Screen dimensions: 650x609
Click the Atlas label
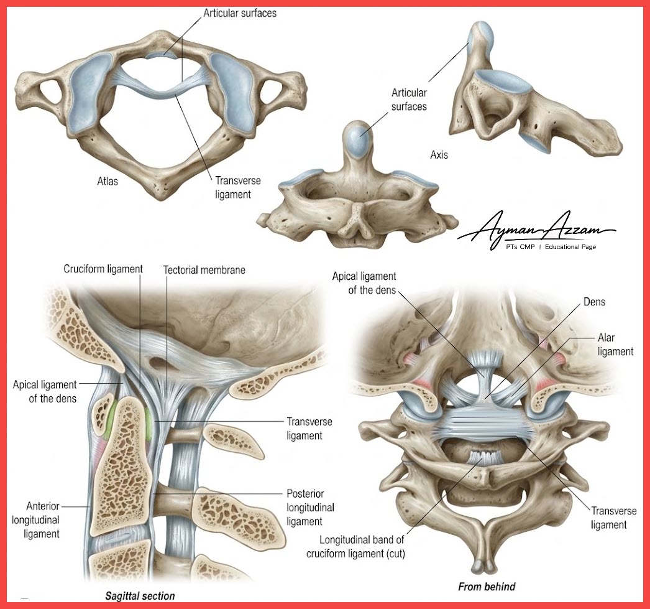108,181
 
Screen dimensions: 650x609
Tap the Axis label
439,155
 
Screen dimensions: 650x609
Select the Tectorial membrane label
204,270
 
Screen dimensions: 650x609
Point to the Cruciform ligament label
103,269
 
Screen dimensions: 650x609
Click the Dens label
594,302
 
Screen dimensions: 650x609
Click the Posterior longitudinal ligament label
310,508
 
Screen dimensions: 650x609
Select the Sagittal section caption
140,596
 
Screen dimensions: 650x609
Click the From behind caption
487,587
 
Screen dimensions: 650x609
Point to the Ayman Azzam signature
537,229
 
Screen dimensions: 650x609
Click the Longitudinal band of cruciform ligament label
355,547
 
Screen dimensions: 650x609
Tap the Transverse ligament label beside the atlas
238,187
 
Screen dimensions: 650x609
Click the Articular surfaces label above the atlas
240,13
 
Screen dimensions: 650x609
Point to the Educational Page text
570,247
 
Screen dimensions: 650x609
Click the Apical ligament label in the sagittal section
44,392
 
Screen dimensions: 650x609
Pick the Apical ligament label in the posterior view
364,283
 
